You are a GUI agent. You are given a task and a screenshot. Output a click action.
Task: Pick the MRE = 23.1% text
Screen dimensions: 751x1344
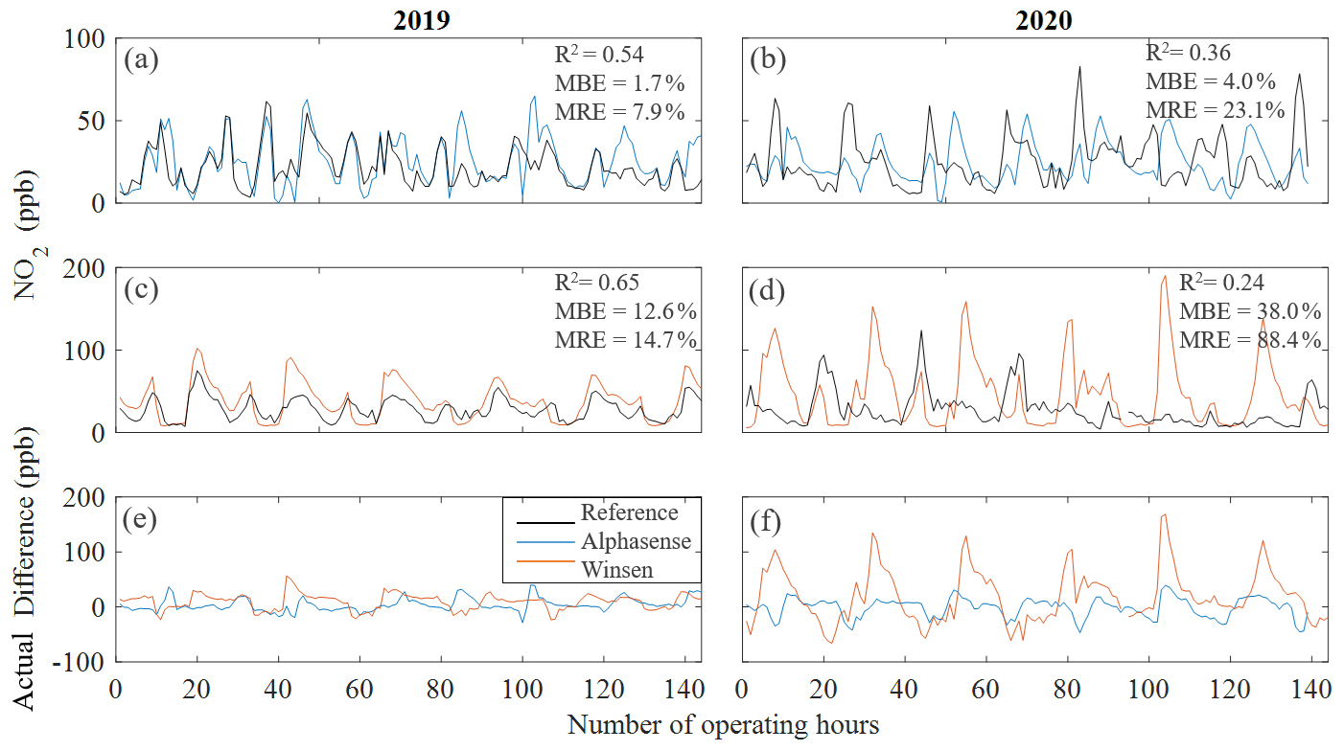coord(1215,109)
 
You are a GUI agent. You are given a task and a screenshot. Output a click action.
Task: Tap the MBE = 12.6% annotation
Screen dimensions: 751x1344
coord(625,312)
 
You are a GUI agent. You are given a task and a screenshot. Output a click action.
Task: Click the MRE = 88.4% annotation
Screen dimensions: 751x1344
coord(1250,339)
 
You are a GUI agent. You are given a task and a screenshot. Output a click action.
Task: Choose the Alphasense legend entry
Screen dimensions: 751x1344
coord(636,541)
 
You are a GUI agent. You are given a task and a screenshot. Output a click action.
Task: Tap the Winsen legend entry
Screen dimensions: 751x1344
coord(615,569)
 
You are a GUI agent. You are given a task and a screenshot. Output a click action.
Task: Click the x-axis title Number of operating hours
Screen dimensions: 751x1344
coord(724,725)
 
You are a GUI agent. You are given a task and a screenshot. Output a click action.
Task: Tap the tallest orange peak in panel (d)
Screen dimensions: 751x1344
coord(1165,277)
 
